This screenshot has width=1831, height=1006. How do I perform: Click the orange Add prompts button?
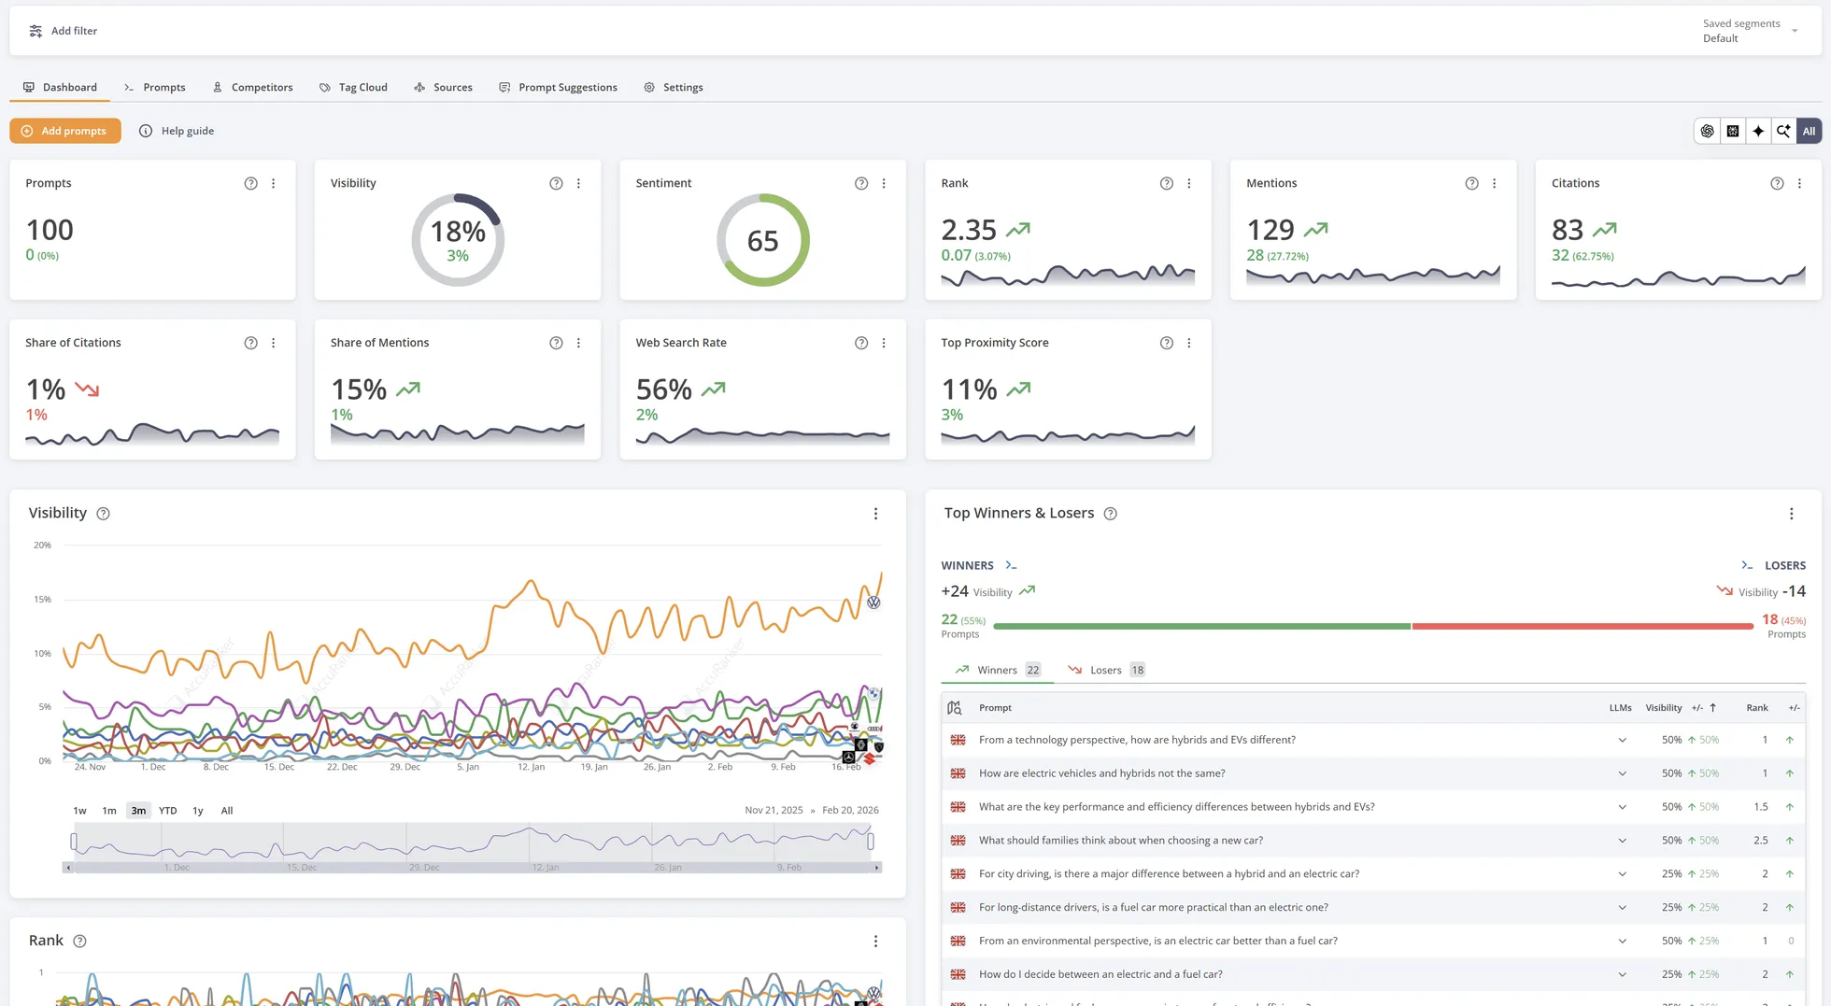pyautogui.click(x=65, y=131)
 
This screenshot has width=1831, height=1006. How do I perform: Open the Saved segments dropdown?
pyautogui.click(x=1749, y=31)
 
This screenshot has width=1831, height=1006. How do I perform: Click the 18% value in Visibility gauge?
pyautogui.click(x=458, y=232)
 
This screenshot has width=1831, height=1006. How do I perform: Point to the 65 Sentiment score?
pyautogui.click(x=762, y=241)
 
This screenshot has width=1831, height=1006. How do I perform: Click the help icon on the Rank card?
pyautogui.click(x=1166, y=184)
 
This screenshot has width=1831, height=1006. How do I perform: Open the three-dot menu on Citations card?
pyautogui.click(x=1799, y=184)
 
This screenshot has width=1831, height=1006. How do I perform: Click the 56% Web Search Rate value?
pyautogui.click(x=664, y=389)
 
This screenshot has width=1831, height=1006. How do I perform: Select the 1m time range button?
pyautogui.click(x=109, y=811)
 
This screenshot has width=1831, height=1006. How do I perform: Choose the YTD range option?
pyautogui.click(x=167, y=811)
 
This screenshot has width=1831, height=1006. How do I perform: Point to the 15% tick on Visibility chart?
pyautogui.click(x=42, y=600)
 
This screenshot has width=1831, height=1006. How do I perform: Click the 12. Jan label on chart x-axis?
pyautogui.click(x=531, y=767)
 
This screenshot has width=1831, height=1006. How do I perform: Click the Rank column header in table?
pyautogui.click(x=1756, y=708)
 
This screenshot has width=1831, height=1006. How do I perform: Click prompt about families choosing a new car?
pyautogui.click(x=1120, y=841)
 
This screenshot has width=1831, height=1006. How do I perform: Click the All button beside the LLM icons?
pyautogui.click(x=1809, y=131)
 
